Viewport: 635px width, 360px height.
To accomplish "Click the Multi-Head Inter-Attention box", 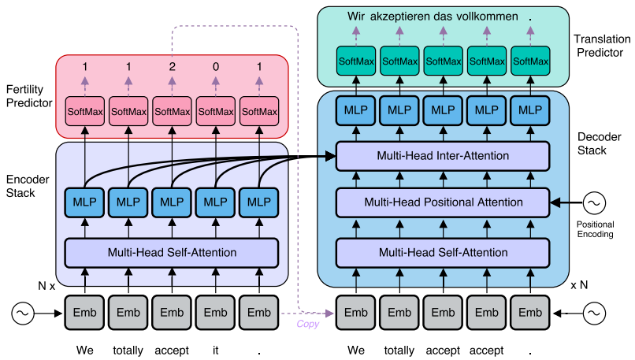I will tap(442, 156).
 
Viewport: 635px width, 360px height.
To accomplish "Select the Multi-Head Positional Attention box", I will tap(442, 202).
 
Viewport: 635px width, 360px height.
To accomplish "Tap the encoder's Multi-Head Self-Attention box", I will tap(172, 253).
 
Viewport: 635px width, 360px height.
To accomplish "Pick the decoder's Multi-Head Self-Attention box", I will tap(442, 253).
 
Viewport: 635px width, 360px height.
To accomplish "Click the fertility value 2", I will tap(172, 68).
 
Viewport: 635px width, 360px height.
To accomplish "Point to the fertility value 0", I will tap(215, 68).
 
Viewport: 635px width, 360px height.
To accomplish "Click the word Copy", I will tap(307, 324).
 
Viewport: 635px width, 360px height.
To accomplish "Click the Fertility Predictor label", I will tap(28, 96).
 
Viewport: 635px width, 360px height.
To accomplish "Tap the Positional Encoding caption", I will tap(595, 229).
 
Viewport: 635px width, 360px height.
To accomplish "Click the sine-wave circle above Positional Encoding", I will tap(595, 203).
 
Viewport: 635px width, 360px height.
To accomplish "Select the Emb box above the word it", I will tap(215, 311).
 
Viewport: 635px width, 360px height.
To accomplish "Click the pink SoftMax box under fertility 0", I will tap(215, 112).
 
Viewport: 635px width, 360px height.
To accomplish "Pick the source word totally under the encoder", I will tap(128, 349).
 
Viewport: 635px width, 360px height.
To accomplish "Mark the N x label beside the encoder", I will tap(46, 286).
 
